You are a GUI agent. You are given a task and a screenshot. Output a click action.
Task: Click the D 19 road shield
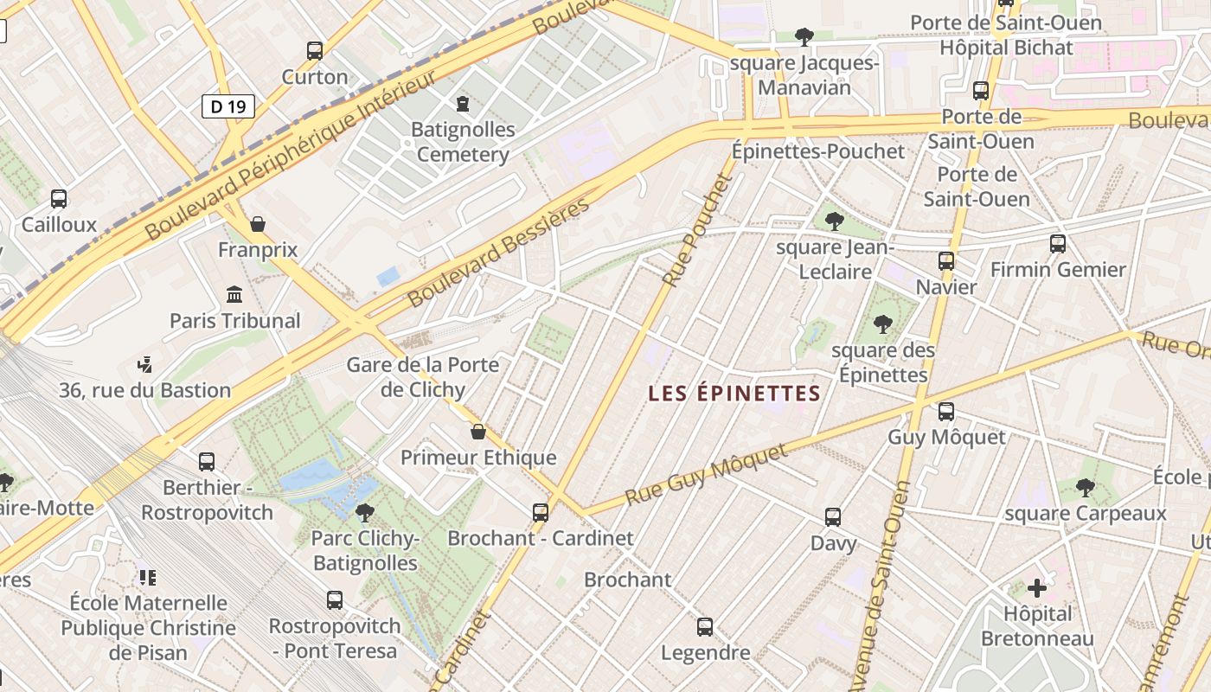point(228,106)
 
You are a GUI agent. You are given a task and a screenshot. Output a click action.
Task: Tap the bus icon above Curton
point(315,51)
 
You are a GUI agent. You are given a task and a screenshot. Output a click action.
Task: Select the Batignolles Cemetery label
point(463,142)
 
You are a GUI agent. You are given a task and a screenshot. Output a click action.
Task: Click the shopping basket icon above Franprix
point(258,225)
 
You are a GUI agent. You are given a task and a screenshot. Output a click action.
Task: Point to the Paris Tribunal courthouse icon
point(234,295)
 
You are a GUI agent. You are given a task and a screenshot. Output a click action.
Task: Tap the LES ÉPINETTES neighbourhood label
point(734,394)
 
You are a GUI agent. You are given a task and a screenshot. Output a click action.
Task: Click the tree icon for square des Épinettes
point(882,325)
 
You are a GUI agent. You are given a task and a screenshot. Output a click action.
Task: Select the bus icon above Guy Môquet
point(946,412)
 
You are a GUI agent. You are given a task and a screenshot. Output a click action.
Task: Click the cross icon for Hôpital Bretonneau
point(1036,589)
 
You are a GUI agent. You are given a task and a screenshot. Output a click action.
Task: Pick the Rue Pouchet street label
point(697,230)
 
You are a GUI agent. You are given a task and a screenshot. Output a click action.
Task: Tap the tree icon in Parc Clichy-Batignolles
point(365,513)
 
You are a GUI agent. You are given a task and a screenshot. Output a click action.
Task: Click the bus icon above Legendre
point(705,627)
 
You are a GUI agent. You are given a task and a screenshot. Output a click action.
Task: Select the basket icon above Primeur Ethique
point(478,432)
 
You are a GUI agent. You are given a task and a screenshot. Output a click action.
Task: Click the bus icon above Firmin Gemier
point(1057,244)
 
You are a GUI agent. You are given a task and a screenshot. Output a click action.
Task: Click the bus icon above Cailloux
point(59,199)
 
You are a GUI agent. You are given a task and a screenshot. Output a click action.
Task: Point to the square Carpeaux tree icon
point(1085,488)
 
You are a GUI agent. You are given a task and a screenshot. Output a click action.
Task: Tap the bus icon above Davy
point(833,517)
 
